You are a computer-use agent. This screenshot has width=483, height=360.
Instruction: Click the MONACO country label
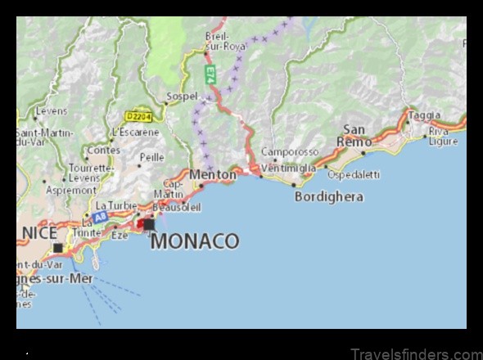pyautogui.click(x=195, y=241)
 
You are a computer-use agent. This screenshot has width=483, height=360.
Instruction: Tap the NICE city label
pyautogui.click(x=38, y=232)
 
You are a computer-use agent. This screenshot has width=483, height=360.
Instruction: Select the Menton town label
pyautogui.click(x=213, y=174)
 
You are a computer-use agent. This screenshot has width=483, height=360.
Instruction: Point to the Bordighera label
pyautogui.click(x=329, y=197)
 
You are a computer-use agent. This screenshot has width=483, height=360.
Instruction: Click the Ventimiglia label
pyautogui.click(x=289, y=168)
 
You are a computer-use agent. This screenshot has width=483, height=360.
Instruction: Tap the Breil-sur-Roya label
pyautogui.click(x=224, y=41)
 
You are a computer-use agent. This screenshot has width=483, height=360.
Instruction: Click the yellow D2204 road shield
pyautogui.click(x=138, y=117)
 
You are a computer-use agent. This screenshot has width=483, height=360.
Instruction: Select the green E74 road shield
pyautogui.click(x=210, y=74)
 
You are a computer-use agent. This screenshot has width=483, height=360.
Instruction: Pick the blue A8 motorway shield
pyautogui.click(x=100, y=217)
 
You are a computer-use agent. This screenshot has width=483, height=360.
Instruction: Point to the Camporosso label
pyautogui.click(x=290, y=152)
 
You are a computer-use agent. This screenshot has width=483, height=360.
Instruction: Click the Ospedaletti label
pyautogui.click(x=354, y=174)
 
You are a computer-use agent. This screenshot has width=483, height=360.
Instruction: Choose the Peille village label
pyautogui.click(x=151, y=156)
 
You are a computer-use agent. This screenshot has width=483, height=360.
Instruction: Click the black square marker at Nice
pyautogui.click(x=57, y=248)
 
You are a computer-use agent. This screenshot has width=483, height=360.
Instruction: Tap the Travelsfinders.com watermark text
pyautogui.click(x=416, y=353)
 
